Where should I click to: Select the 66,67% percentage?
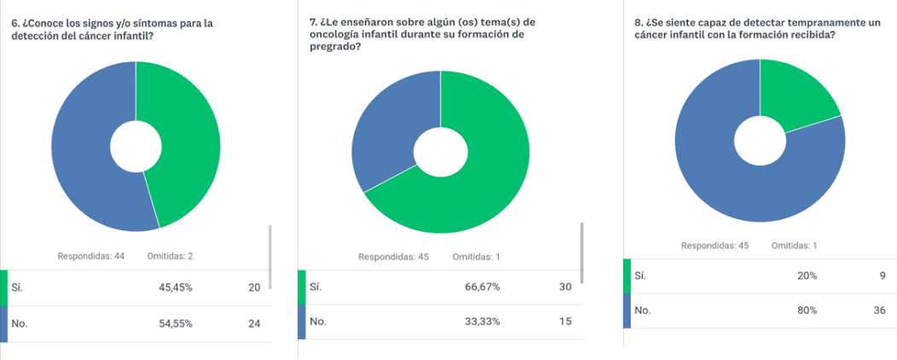(483, 287)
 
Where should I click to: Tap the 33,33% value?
(483, 322)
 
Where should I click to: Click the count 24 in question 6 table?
(254, 324)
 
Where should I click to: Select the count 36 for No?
(879, 311)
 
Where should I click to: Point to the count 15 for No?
(564, 322)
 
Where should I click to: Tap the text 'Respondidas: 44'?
(91, 256)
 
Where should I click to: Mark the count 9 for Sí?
(882, 276)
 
